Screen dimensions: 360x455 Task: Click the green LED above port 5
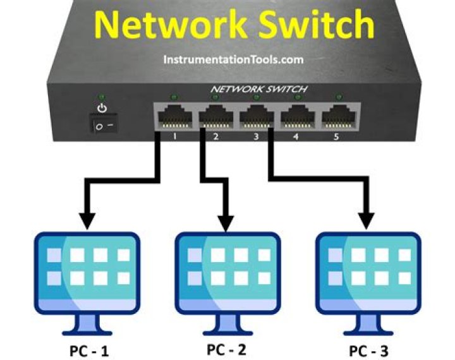coord(339,97)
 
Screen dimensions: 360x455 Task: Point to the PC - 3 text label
coord(368,349)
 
